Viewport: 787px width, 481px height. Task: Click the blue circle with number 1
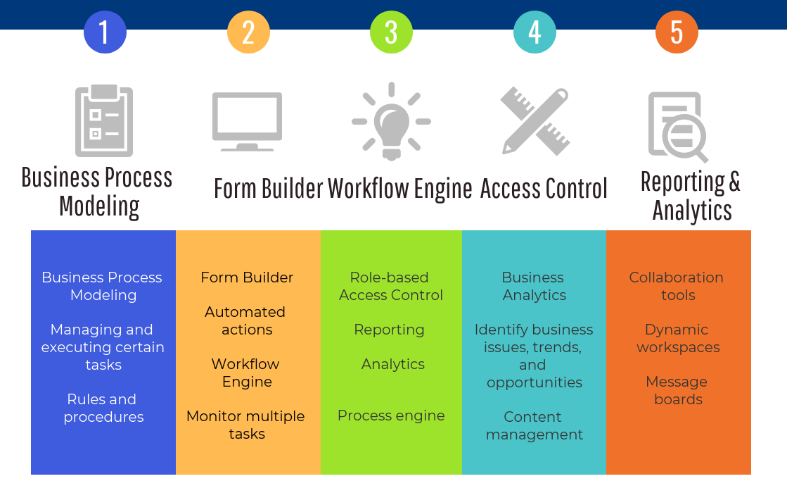(x=105, y=32)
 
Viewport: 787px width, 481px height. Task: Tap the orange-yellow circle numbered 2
(x=248, y=32)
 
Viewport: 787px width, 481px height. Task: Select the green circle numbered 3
(x=391, y=32)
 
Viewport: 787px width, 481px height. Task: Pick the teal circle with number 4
(x=535, y=32)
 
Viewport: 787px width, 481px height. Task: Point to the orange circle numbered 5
(x=677, y=32)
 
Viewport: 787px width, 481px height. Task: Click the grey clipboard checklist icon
(x=104, y=120)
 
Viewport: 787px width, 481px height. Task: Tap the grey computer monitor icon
(x=247, y=121)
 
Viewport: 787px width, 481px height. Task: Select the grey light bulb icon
(x=391, y=120)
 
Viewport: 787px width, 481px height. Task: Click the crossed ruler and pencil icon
(x=535, y=120)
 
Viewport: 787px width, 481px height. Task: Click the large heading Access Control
(x=544, y=189)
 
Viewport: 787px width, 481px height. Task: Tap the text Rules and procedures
(x=103, y=408)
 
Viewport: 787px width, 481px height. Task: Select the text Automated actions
(x=245, y=320)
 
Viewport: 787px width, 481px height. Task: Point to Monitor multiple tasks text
(x=245, y=425)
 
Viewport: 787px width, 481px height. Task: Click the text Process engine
(x=391, y=416)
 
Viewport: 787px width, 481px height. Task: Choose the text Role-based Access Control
(x=391, y=287)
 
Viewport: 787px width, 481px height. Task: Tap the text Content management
(x=534, y=426)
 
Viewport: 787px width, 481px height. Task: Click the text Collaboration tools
(x=677, y=287)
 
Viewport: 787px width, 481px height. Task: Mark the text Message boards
(x=677, y=391)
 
